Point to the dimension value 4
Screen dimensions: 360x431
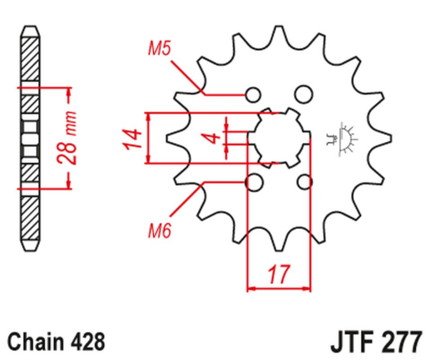(213, 137)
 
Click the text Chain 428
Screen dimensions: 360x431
(57, 341)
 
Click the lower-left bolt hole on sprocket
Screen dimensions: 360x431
(255, 181)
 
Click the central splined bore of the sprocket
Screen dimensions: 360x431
(280, 137)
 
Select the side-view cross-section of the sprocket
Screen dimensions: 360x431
(30, 136)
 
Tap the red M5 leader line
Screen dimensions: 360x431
(187, 74)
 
